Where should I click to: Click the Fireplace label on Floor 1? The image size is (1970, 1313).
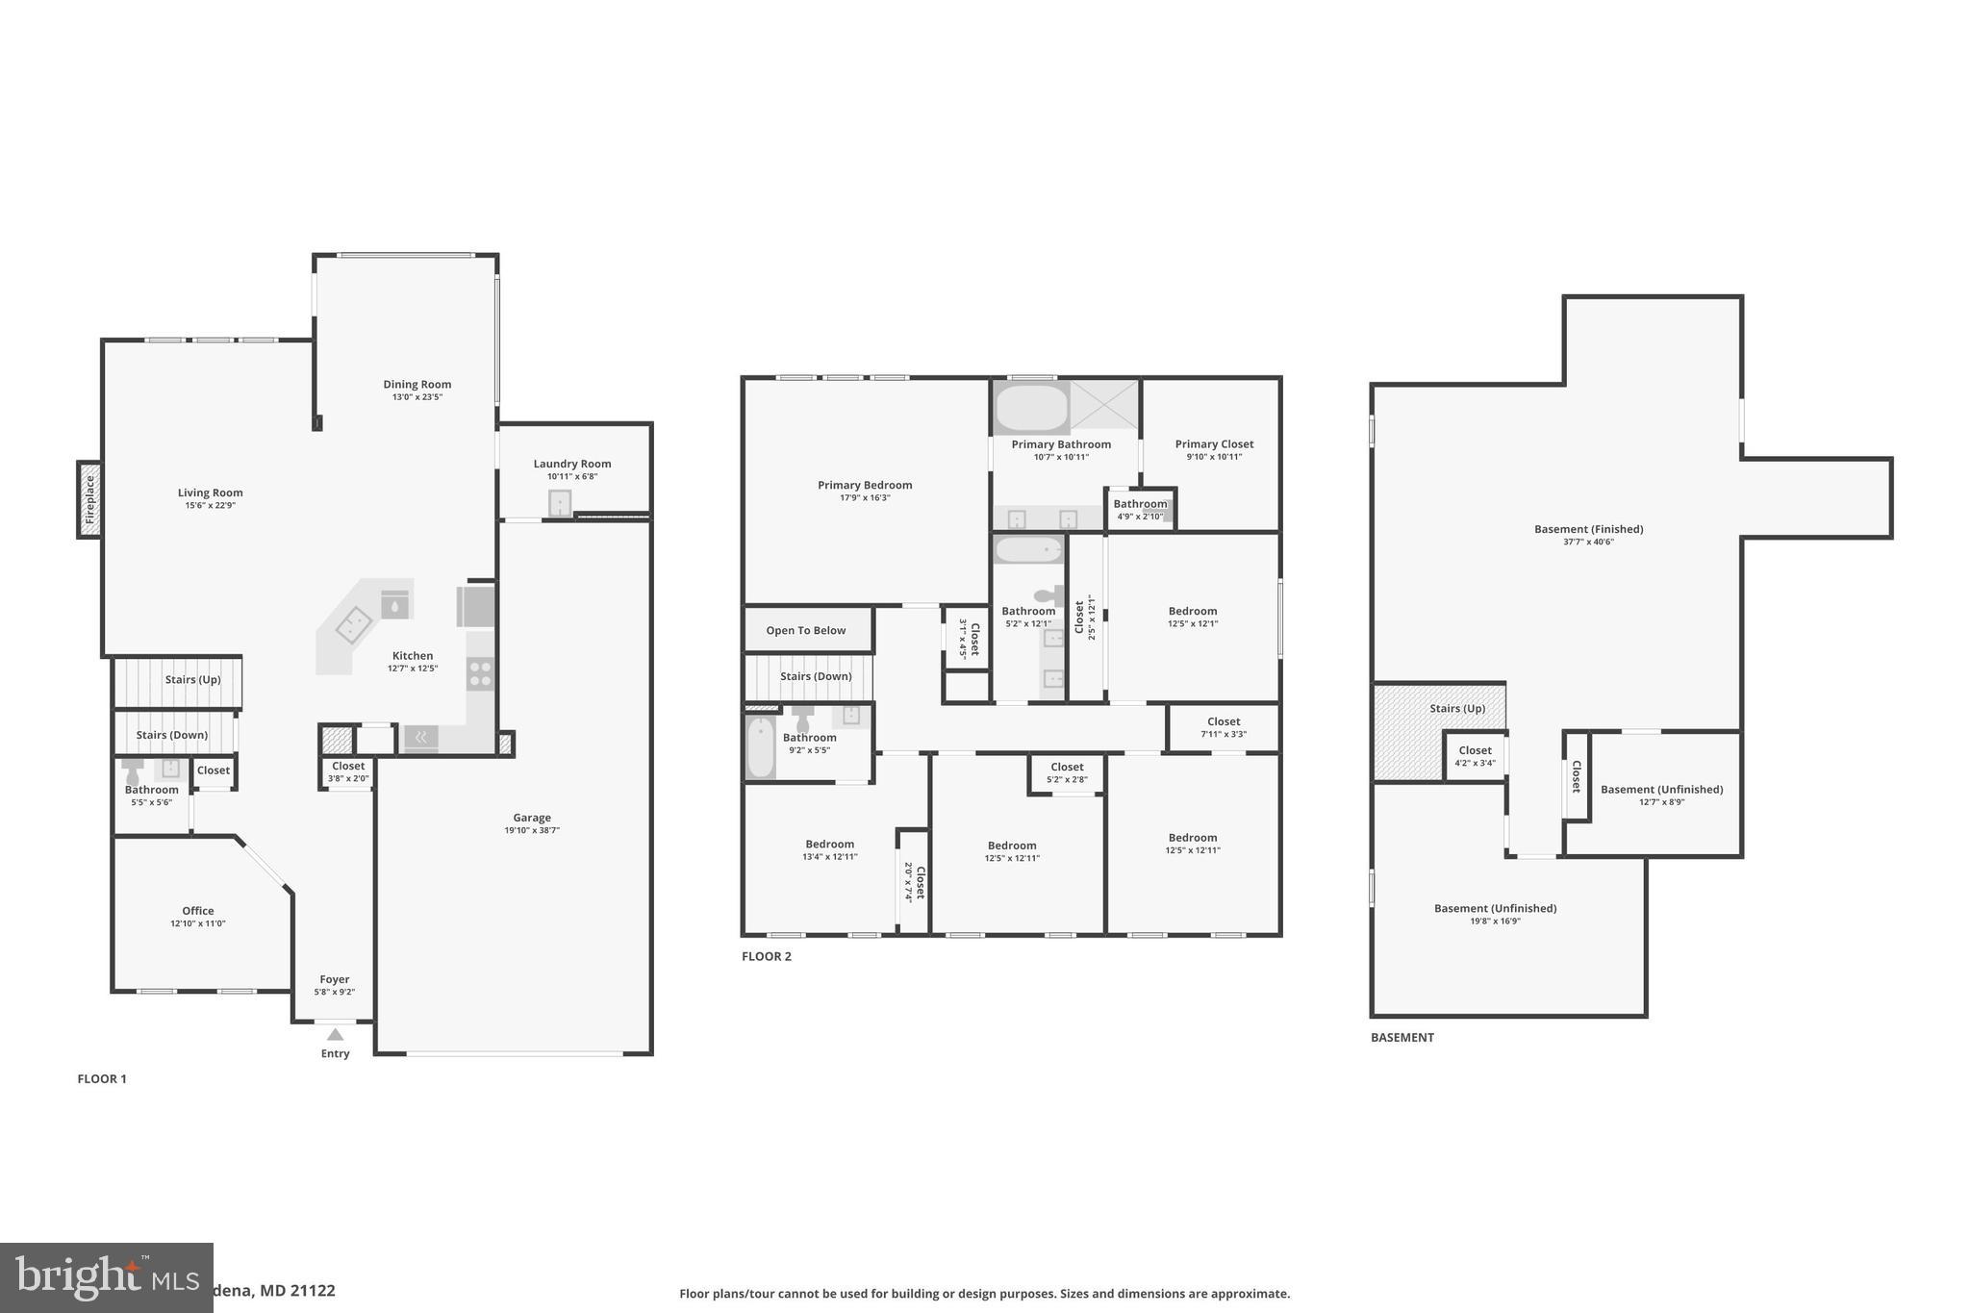pyautogui.click(x=90, y=499)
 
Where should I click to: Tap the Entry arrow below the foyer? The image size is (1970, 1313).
pyautogui.click(x=335, y=1035)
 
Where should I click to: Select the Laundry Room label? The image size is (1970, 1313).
pyautogui.click(x=572, y=464)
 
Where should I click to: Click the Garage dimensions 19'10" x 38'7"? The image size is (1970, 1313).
pyautogui.click(x=531, y=830)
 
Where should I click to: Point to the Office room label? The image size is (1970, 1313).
pyautogui.click(x=198, y=911)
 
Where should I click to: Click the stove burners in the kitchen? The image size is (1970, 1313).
pyautogui.click(x=480, y=672)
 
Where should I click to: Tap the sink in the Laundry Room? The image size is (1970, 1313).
pyautogui.click(x=560, y=503)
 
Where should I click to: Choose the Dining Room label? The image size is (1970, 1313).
pyautogui.click(x=417, y=384)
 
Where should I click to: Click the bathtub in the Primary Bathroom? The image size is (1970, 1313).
pyautogui.click(x=1031, y=408)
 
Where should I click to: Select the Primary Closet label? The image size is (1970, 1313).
pyautogui.click(x=1214, y=443)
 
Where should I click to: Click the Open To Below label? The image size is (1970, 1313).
pyautogui.click(x=806, y=630)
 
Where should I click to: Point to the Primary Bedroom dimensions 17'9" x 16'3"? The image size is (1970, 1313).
pyautogui.click(x=865, y=497)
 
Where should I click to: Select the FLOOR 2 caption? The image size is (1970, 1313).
pyautogui.click(x=767, y=956)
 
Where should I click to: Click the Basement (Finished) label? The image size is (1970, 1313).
pyautogui.click(x=1588, y=529)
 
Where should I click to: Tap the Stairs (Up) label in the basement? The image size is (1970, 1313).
pyautogui.click(x=1456, y=708)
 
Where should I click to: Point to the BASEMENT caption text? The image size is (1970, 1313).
pyautogui.click(x=1402, y=1037)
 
